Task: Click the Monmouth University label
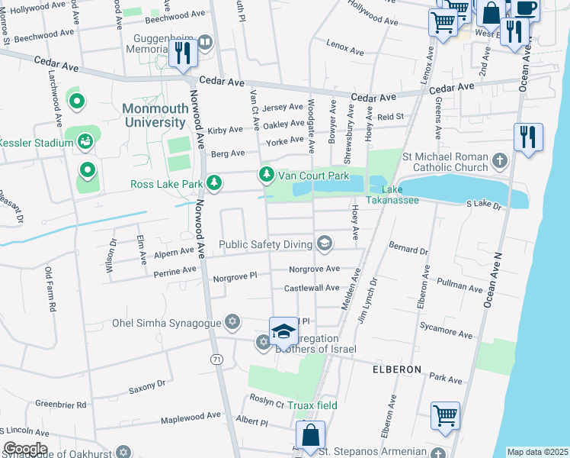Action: click(x=155, y=115)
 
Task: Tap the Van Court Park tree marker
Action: click(x=266, y=176)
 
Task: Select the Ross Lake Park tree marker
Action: click(x=215, y=183)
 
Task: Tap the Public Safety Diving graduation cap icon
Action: click(x=325, y=244)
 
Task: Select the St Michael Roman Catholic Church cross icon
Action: click(x=499, y=160)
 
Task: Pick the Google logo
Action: click(x=24, y=448)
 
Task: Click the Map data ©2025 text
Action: click(x=537, y=452)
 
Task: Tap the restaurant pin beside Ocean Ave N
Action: click(x=527, y=138)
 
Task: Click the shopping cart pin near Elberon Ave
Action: click(x=445, y=417)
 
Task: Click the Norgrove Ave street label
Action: click(x=314, y=269)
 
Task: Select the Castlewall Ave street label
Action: click(x=311, y=289)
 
